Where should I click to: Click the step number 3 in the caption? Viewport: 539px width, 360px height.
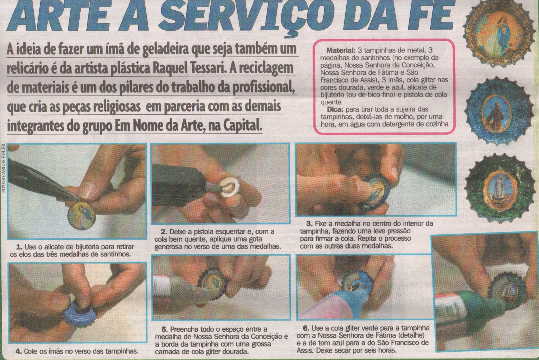309,224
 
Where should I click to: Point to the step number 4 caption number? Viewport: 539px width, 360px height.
18,351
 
